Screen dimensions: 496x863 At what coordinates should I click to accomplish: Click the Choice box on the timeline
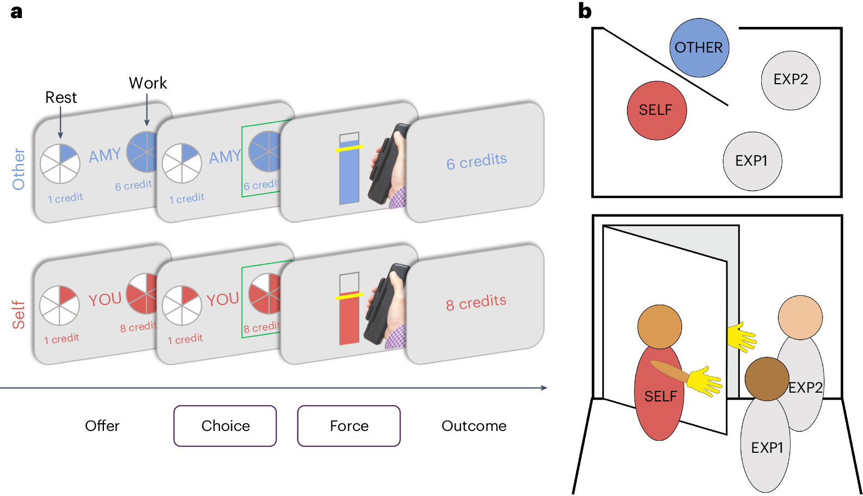coord(225,425)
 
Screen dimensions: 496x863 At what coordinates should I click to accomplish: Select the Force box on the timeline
coord(349,425)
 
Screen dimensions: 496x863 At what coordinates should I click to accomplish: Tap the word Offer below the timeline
coord(102,425)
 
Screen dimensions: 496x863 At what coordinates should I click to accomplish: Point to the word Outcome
coord(474,425)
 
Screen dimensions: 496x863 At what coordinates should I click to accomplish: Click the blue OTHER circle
coord(699,48)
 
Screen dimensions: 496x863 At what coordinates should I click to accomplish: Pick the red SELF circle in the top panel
coord(656,110)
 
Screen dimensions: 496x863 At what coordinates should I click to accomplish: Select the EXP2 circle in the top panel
coord(790,80)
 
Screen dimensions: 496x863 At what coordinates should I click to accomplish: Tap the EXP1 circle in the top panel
coord(752,161)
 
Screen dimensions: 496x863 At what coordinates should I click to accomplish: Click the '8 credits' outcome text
coord(476,302)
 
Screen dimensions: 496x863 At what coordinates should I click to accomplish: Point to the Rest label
coord(61,97)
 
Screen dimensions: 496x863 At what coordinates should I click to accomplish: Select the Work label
coord(148,83)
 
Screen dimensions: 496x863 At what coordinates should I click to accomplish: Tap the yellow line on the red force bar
coord(349,296)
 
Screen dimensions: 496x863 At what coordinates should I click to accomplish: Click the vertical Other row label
coord(19,169)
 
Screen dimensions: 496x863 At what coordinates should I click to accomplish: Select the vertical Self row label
coord(19,314)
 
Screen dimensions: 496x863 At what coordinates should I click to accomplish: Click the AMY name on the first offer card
coord(105,155)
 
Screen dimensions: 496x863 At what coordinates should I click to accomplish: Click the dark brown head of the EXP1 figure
coord(767,378)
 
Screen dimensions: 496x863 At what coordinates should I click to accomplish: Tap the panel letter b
coord(585,11)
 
